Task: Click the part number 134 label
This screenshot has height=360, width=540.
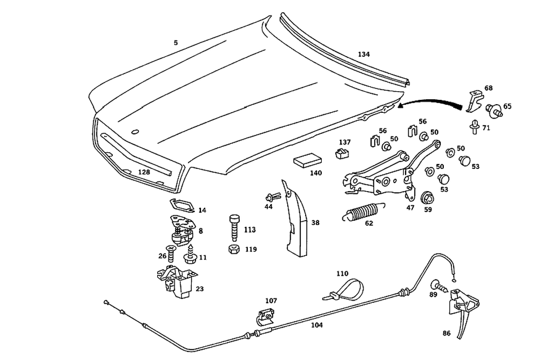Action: tap(363, 54)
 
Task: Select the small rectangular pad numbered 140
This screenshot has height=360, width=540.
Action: tap(308, 161)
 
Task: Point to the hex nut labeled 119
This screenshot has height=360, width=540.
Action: tap(233, 249)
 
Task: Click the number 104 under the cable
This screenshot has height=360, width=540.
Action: tap(317, 325)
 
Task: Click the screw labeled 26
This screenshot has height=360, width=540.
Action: tap(171, 251)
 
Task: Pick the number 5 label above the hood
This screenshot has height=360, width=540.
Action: tap(175, 43)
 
